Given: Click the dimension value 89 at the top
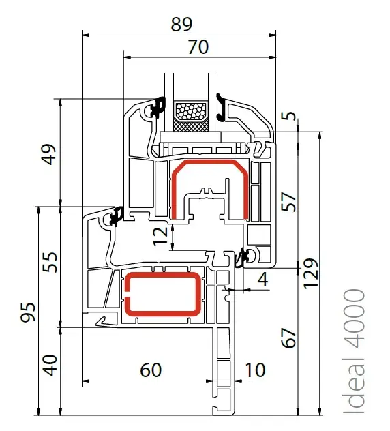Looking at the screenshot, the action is tap(181, 24).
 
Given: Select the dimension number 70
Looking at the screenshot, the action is tap(198, 47).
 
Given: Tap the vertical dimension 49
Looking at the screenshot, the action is tap(50, 154).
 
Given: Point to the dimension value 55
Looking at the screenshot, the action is tap(50, 262).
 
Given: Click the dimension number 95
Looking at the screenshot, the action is tap(29, 312).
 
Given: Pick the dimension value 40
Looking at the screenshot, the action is tap(50, 366).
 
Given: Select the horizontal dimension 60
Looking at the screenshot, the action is tap(151, 370).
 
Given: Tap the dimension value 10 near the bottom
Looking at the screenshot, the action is tap(255, 370).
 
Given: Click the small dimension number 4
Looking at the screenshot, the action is tap(263, 280).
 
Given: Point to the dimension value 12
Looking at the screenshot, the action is tap(160, 236).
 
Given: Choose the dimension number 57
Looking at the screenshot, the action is tap(288, 202).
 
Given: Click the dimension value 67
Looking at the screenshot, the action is tap(288, 338).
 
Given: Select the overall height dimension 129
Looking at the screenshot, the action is tap(311, 273).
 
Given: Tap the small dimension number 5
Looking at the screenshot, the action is tap(289, 116).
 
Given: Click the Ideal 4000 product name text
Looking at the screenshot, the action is tap(355, 351).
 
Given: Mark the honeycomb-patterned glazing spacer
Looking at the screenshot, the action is tap(192, 112).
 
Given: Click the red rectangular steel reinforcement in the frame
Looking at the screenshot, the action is tap(164, 294).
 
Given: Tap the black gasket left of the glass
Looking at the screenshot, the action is tap(157, 107).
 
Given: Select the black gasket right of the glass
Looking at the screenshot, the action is tap(221, 108).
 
